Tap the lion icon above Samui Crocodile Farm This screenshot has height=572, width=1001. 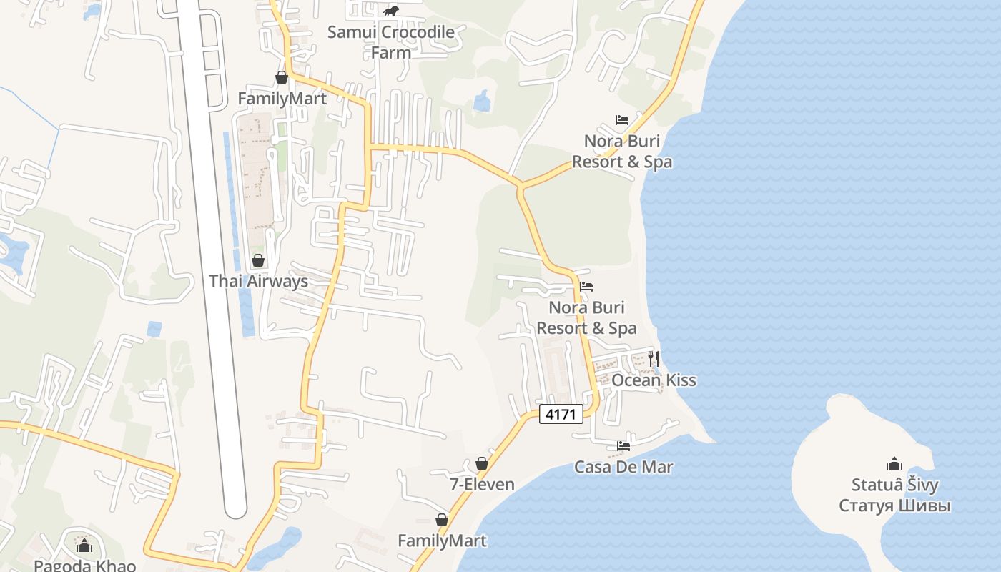coord(391,11)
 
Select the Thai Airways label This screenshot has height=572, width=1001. coord(258,281)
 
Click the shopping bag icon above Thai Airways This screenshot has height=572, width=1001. coord(258,260)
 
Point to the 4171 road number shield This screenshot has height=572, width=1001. coord(561,414)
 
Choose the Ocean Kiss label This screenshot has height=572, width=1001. coord(654,380)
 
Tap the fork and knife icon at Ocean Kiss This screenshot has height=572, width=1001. coord(654,358)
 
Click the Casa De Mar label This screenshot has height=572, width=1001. coord(623,468)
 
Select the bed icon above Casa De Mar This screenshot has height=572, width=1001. coord(623,446)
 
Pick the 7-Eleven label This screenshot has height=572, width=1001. coord(482,485)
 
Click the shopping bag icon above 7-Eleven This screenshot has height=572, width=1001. coord(482,463)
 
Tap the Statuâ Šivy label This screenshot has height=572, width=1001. coord(894,485)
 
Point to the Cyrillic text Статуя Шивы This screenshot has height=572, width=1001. coord(894,506)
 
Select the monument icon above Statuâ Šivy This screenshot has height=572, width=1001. coord(894,464)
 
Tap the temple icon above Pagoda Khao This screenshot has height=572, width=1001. coord(84,546)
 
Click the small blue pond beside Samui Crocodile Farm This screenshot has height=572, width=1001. coord(483,102)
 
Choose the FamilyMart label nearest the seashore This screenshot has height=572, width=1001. coord(442,541)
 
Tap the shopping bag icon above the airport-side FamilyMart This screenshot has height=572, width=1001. coord(282,77)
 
